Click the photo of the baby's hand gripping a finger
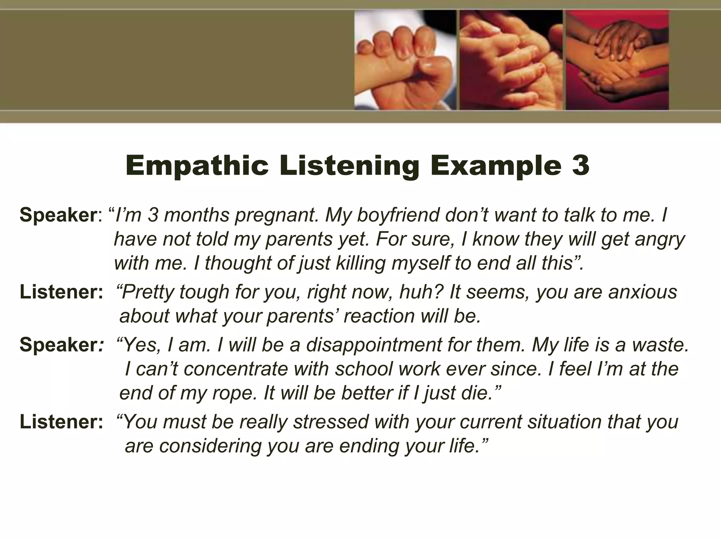(405, 60)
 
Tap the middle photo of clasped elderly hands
(511, 60)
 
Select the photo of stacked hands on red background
(617, 60)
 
